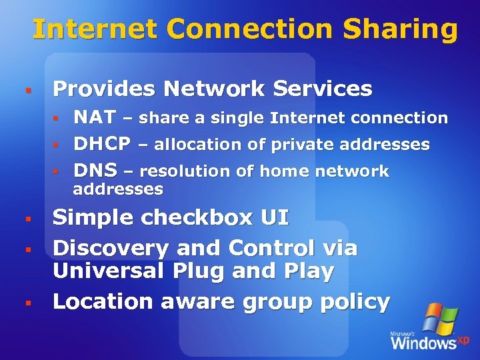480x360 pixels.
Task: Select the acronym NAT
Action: pyautogui.click(x=95, y=118)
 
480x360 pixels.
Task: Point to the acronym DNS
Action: pyautogui.click(x=95, y=171)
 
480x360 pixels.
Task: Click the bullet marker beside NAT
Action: pyautogui.click(x=57, y=119)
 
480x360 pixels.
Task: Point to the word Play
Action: pyautogui.click(x=308, y=271)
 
